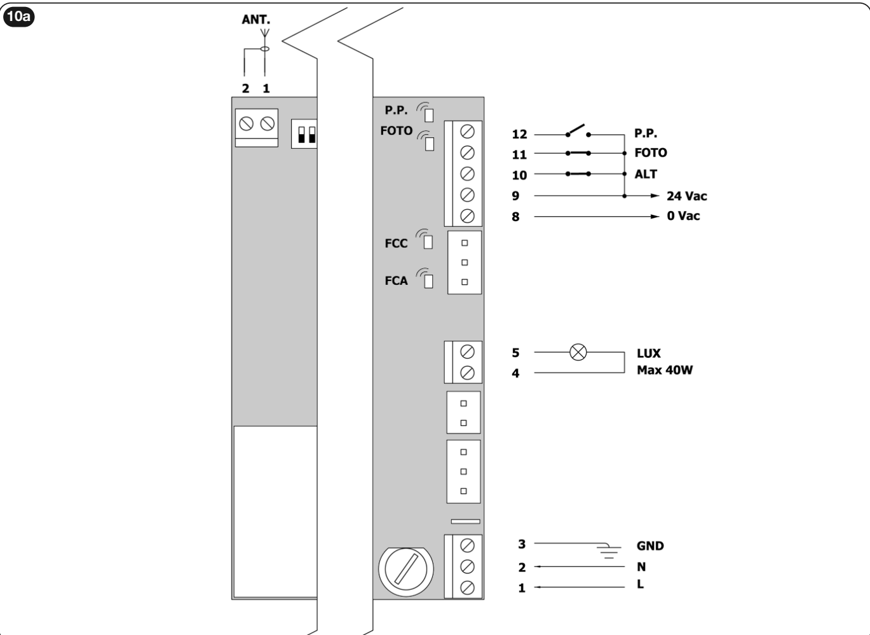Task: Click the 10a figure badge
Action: coord(18,17)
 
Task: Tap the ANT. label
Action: coord(255,20)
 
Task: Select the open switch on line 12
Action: coord(578,131)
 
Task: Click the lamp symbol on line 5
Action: coord(578,352)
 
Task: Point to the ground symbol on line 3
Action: coord(609,550)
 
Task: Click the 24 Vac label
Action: coord(687,196)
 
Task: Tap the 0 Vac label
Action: coord(683,216)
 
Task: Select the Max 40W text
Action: coord(665,370)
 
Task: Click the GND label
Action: coord(649,546)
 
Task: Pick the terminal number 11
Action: coord(519,154)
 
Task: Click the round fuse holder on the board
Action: coord(406,571)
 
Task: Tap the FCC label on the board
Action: coord(396,243)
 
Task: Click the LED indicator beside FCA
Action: coord(428,281)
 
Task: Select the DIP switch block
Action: coord(304,133)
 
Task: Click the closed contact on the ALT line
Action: coord(578,174)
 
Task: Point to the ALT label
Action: coord(646,174)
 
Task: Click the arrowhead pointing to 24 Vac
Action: coord(655,196)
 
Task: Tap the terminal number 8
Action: coord(515,217)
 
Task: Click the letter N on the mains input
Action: coord(641,566)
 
